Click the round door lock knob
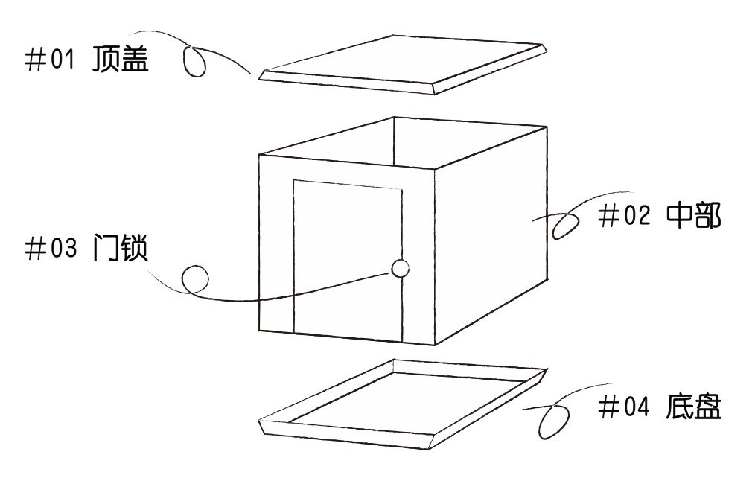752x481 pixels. (400, 269)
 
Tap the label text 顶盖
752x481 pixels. (120, 59)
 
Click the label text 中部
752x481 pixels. (694, 216)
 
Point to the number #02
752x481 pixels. (624, 215)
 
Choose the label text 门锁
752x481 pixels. (120, 247)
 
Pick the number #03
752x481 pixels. (51, 249)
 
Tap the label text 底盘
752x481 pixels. (693, 407)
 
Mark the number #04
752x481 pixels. (624, 407)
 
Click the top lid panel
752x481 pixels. (402, 64)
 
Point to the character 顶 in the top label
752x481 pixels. (106, 59)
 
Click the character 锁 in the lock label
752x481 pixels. (134, 247)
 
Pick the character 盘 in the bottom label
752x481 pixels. (708, 407)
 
